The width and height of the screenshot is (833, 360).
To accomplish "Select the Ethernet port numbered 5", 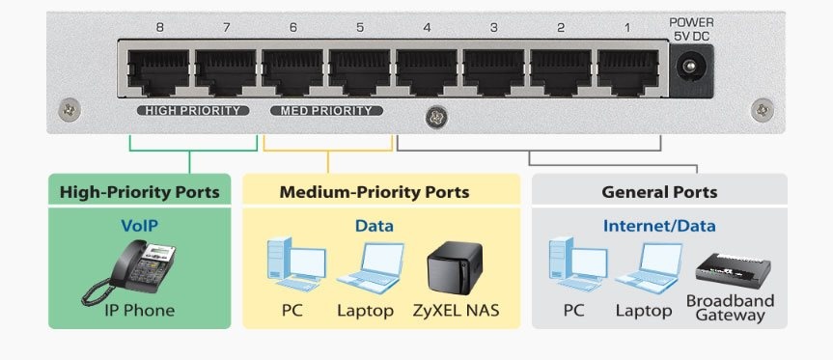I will click(x=360, y=69).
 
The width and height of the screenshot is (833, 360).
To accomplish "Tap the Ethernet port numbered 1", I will click(x=628, y=69).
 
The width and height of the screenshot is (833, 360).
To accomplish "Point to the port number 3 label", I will click(x=493, y=28).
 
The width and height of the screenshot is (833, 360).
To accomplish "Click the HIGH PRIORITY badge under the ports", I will click(x=193, y=111).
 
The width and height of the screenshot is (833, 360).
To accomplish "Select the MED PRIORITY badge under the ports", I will click(x=326, y=111).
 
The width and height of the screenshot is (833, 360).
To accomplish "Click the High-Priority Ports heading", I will click(x=140, y=192).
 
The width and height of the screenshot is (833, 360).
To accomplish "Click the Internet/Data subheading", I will click(x=659, y=226).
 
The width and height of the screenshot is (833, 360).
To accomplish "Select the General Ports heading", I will click(x=659, y=192).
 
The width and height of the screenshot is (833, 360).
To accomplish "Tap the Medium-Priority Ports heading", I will click(x=375, y=192).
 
